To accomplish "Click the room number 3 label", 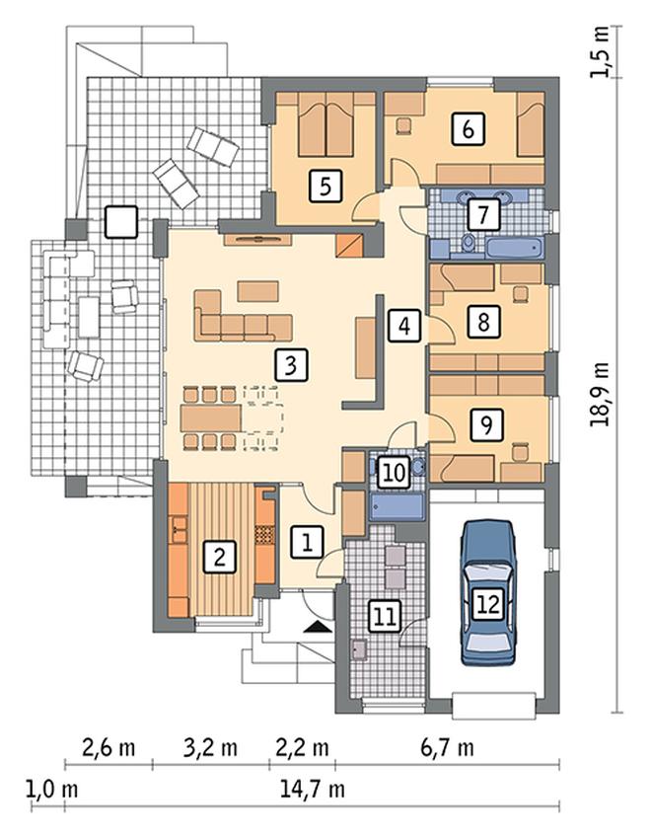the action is [x=291, y=365].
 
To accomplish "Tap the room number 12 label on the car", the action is [x=488, y=604].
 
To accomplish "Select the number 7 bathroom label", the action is [x=482, y=214].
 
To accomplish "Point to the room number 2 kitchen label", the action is [x=219, y=557].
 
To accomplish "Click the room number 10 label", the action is [x=394, y=473].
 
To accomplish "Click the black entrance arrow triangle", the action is [x=318, y=626].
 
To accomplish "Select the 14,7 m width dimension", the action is [x=313, y=789].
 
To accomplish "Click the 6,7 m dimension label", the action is [x=447, y=748].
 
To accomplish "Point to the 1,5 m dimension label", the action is [x=602, y=51].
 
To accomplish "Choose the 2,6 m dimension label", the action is [x=109, y=748].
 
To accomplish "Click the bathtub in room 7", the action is [x=514, y=247].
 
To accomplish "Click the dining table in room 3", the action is [x=211, y=417].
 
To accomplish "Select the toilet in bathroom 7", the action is [x=469, y=243].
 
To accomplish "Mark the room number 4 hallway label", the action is [x=404, y=326].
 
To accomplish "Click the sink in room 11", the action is [x=358, y=649].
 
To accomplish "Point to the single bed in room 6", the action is [x=531, y=124].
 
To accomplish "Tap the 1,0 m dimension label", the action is [x=51, y=789].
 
